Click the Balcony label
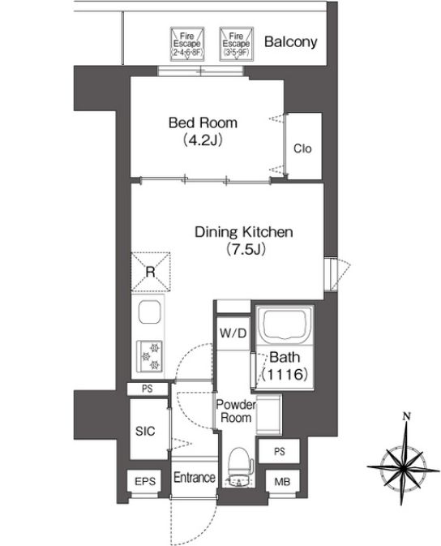[290, 42]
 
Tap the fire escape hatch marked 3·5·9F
[236, 43]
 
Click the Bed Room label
[203, 123]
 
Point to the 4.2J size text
[203, 140]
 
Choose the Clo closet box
[302, 149]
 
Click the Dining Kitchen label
[243, 232]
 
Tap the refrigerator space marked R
[150, 270]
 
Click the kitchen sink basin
[150, 312]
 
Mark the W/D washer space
[233, 332]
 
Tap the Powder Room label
[233, 411]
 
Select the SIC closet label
[146, 431]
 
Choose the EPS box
[146, 482]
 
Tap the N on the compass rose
[404, 419]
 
